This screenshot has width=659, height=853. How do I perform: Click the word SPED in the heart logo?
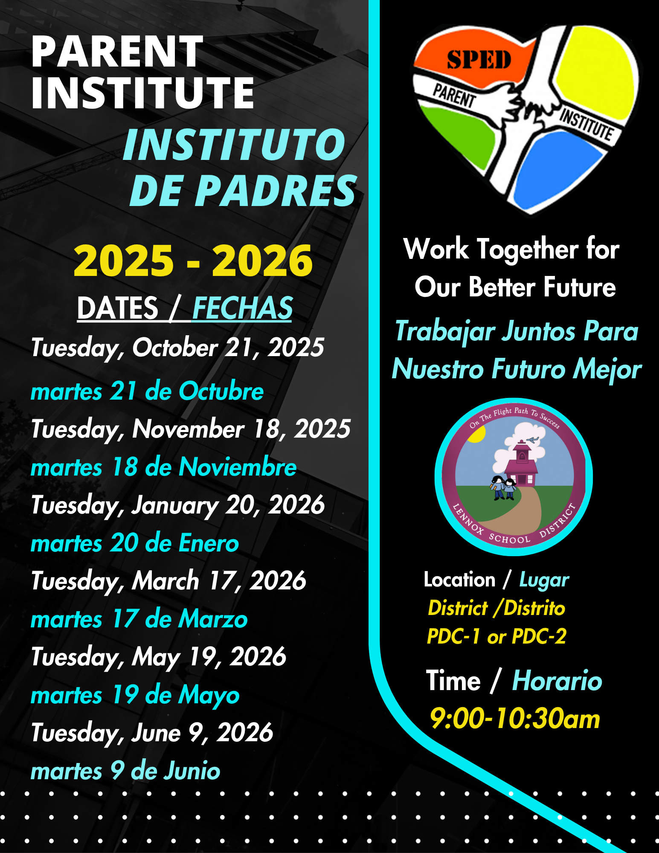click(x=479, y=60)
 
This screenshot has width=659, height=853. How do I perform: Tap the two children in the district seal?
click(x=504, y=487)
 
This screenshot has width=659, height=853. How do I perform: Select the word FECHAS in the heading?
click(x=242, y=308)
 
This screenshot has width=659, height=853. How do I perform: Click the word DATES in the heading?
click(x=118, y=308)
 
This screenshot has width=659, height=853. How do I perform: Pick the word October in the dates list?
click(x=175, y=348)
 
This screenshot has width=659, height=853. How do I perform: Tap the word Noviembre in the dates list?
click(x=238, y=467)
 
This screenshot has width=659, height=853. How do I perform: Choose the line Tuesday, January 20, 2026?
click(x=177, y=506)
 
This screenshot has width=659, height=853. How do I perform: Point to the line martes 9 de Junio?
click(x=125, y=771)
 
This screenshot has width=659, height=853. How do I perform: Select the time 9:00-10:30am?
click(x=515, y=718)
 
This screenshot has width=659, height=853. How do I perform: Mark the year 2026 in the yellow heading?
click(x=262, y=261)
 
